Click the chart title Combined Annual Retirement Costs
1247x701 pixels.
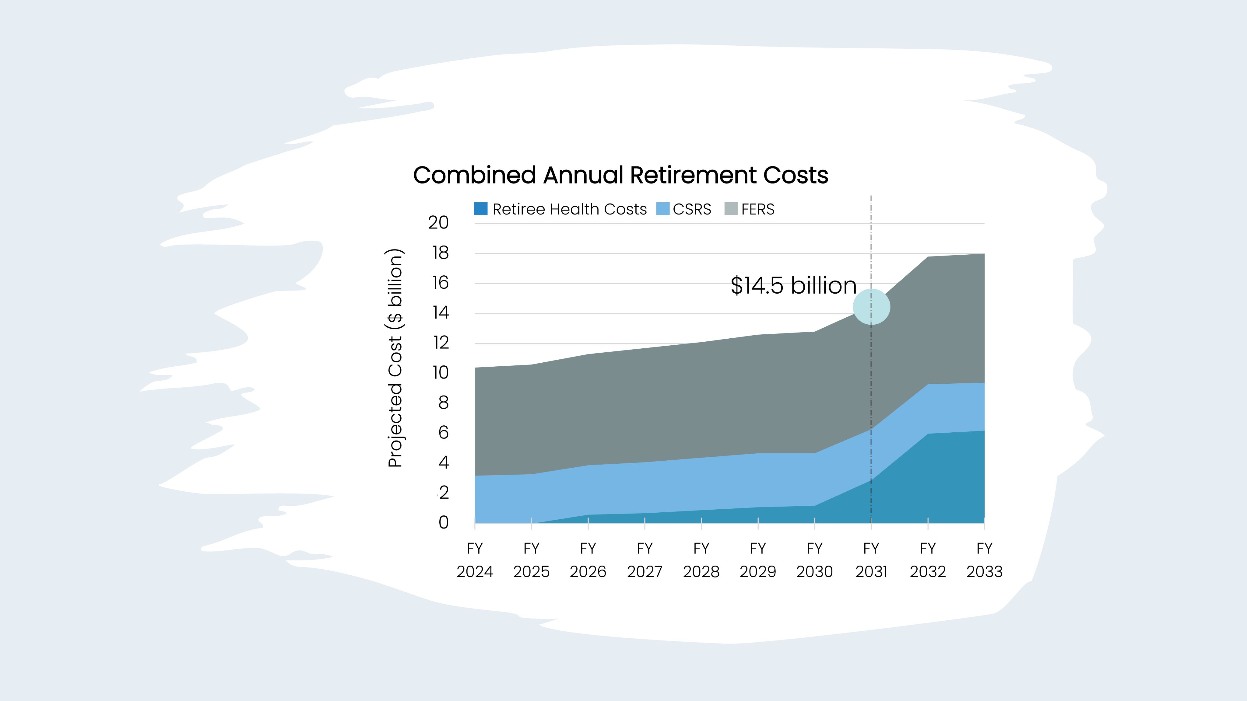(x=620, y=175)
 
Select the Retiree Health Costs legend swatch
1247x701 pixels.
(x=481, y=209)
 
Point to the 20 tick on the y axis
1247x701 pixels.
(x=439, y=222)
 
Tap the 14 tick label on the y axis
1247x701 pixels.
(x=441, y=313)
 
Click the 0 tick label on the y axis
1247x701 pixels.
(x=443, y=522)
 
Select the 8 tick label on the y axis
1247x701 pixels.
(x=443, y=403)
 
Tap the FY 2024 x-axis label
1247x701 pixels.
(x=475, y=560)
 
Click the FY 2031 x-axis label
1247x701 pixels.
(x=871, y=560)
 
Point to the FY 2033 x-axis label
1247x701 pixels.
(x=984, y=560)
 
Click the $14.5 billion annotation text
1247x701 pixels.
(x=793, y=285)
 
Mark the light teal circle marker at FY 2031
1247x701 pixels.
(x=871, y=307)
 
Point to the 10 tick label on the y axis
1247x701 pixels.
(x=441, y=372)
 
